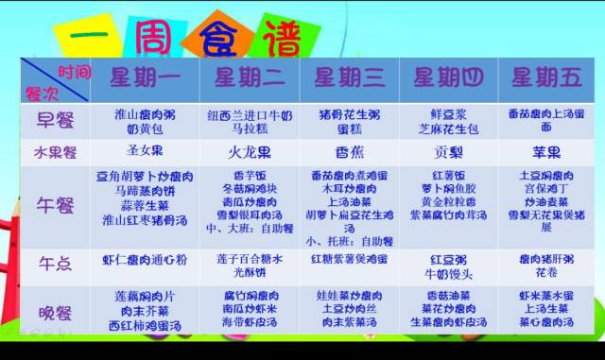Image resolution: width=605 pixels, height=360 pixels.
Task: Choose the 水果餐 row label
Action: click(x=54, y=151)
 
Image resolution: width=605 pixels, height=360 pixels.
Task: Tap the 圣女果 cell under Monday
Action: click(x=145, y=151)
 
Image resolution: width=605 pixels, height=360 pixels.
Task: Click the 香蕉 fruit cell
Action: click(x=348, y=151)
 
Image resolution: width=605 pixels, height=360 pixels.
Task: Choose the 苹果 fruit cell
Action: click(x=545, y=151)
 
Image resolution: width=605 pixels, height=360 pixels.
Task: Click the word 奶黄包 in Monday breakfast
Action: click(x=145, y=127)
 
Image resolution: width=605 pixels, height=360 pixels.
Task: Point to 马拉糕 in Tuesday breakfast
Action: click(x=248, y=127)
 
